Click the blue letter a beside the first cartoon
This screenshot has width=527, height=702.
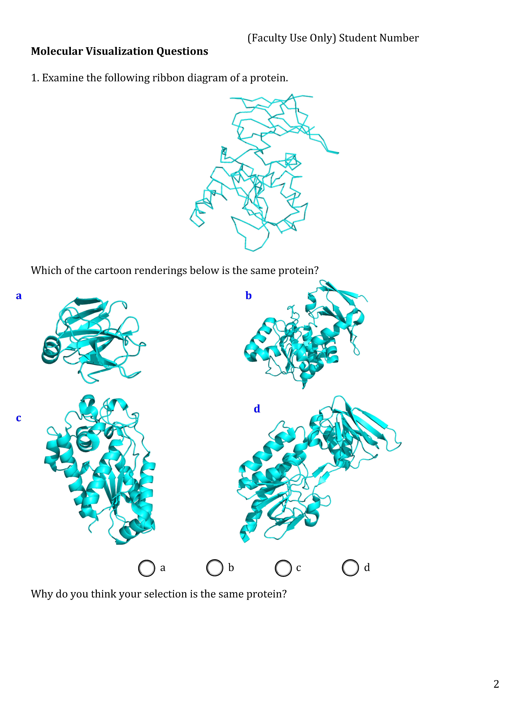(x=19, y=296)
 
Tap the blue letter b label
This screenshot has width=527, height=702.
(x=248, y=295)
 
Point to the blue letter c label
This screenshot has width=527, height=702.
(x=18, y=418)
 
